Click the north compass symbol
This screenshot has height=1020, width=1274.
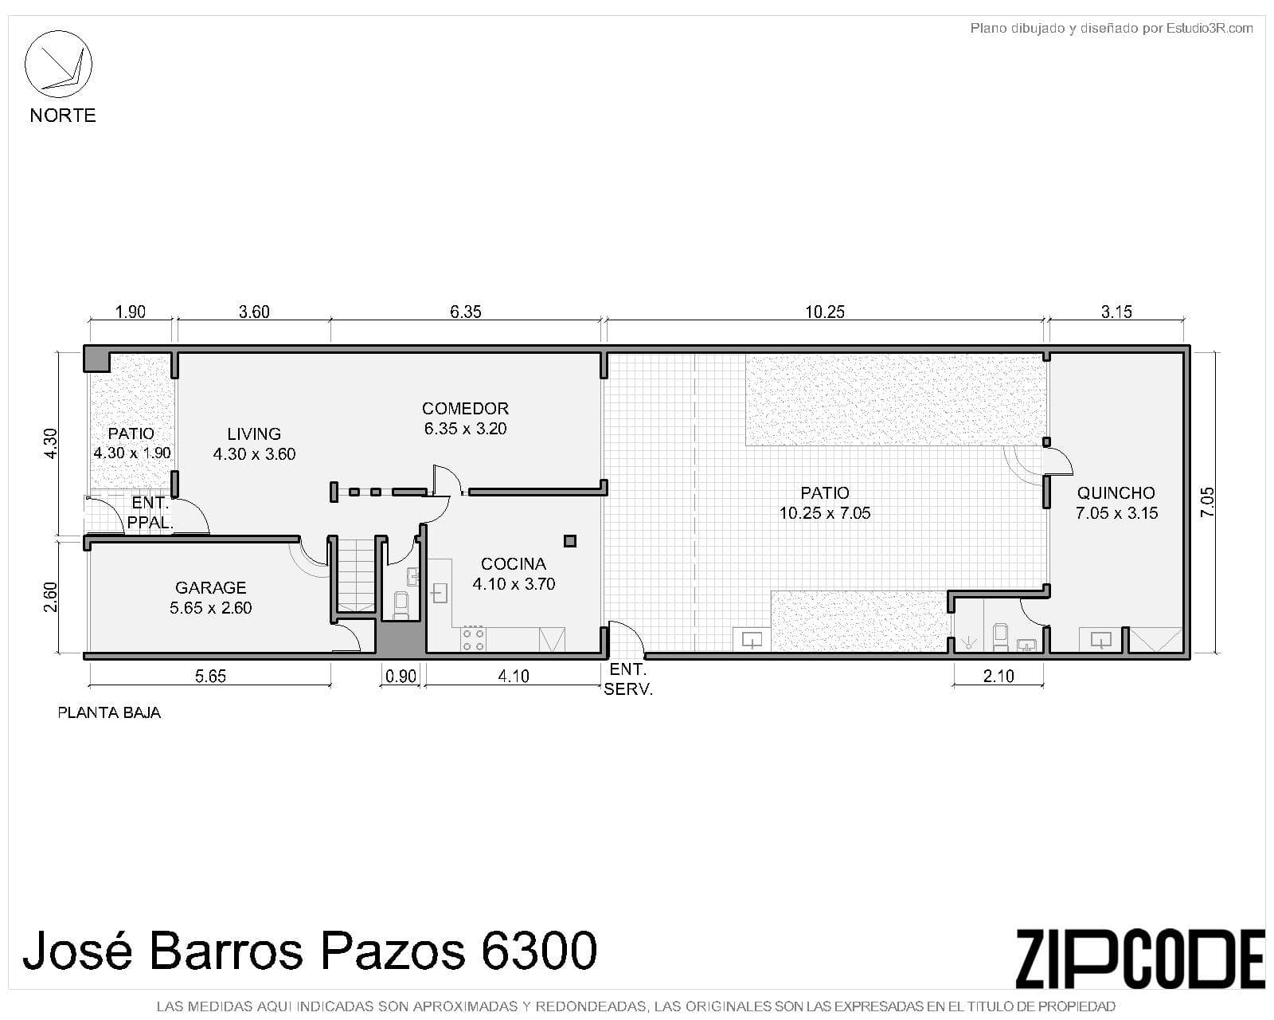point(58,64)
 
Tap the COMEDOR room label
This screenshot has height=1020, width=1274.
point(465,408)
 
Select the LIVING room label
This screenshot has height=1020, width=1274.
point(254,433)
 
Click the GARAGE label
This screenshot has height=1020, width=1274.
point(211,587)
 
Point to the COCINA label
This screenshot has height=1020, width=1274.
point(514,563)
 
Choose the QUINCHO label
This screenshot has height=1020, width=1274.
point(1116,492)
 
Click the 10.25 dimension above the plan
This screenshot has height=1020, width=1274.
point(825,312)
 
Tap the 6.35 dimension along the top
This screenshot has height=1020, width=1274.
point(465,312)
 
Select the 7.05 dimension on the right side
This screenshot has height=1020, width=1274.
point(1208,502)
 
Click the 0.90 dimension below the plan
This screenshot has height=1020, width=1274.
point(401,677)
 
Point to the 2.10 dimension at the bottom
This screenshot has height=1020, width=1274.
point(998,677)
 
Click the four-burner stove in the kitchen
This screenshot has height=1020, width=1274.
point(473,639)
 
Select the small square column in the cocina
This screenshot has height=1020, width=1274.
point(570,540)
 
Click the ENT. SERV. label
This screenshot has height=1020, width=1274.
point(628,679)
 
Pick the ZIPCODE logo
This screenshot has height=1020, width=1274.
point(1140,959)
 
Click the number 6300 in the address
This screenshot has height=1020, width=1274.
point(539,950)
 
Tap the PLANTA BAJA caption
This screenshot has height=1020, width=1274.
point(109,713)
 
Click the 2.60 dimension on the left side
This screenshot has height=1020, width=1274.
point(51,597)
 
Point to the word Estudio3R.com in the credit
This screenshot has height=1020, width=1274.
point(1210,29)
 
